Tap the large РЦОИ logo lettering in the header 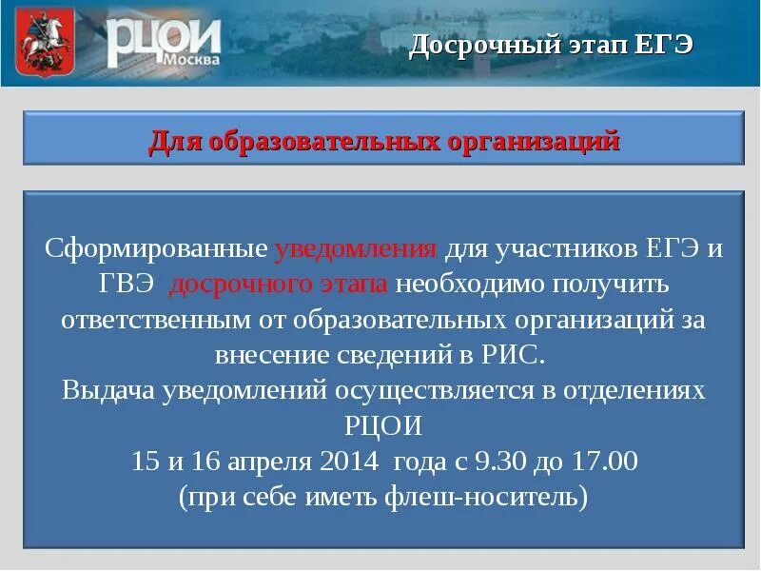(163, 38)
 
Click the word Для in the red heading (174, 142)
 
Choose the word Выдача (106, 390)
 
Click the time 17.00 (602, 462)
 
